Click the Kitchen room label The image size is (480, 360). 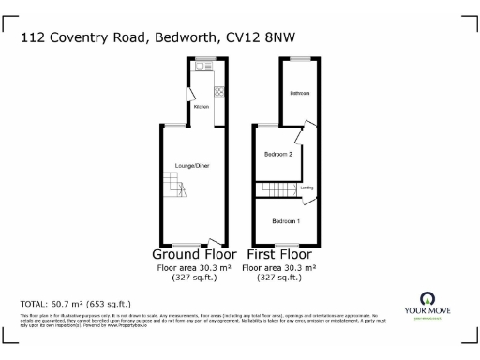[201, 107]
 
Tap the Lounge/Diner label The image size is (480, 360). [191, 166]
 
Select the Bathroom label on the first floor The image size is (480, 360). [299, 94]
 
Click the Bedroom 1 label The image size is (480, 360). [285, 221]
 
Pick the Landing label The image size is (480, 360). [307, 188]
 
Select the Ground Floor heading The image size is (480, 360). [194, 254]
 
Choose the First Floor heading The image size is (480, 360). [278, 254]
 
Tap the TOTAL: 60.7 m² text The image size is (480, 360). [76, 304]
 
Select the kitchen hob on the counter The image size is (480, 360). [218, 92]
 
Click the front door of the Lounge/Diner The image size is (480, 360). [215, 241]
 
